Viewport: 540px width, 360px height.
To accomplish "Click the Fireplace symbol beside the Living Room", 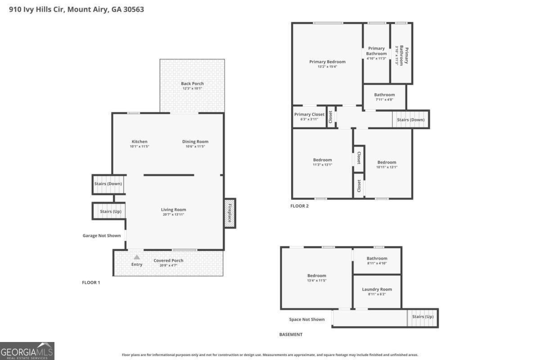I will click(230, 213).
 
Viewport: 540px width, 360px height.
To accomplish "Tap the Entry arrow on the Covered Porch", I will click(137, 257).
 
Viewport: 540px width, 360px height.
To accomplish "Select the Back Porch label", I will click(192, 83).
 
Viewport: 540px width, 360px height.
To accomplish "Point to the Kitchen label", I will click(139, 141).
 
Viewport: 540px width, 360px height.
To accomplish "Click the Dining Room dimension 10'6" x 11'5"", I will click(195, 146).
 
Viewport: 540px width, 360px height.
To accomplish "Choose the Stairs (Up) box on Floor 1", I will click(109, 211).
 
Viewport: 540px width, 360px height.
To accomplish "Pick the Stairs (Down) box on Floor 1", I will click(108, 184).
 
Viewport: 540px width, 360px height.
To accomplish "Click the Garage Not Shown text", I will click(102, 235).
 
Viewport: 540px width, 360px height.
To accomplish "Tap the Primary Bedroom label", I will click(327, 62).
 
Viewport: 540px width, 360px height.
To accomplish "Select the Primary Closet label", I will click(309, 114).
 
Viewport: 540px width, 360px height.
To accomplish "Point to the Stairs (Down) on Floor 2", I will click(411, 120).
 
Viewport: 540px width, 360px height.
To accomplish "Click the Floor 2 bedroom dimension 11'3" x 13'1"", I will click(322, 165).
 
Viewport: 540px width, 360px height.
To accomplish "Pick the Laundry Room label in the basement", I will click(377, 289).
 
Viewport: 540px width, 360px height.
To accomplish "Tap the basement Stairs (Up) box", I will click(423, 317).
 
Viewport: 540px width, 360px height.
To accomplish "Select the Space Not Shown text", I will click(306, 319).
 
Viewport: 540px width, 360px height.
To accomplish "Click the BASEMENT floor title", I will click(291, 334).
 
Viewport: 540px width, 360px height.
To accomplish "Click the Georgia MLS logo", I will click(27, 351).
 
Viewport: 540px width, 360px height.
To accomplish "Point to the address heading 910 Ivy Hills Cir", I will click(76, 9).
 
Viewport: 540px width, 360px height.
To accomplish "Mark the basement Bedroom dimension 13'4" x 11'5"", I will click(316, 280).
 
